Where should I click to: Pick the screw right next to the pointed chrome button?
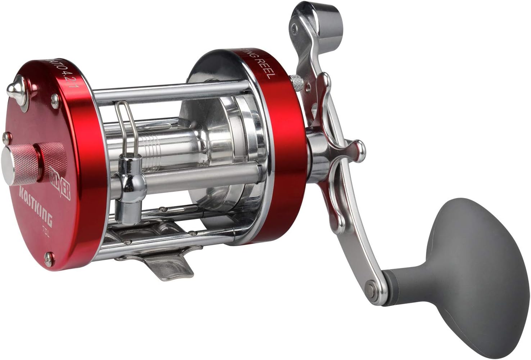coord(55,98)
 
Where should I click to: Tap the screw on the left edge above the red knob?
coord(5,136)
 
